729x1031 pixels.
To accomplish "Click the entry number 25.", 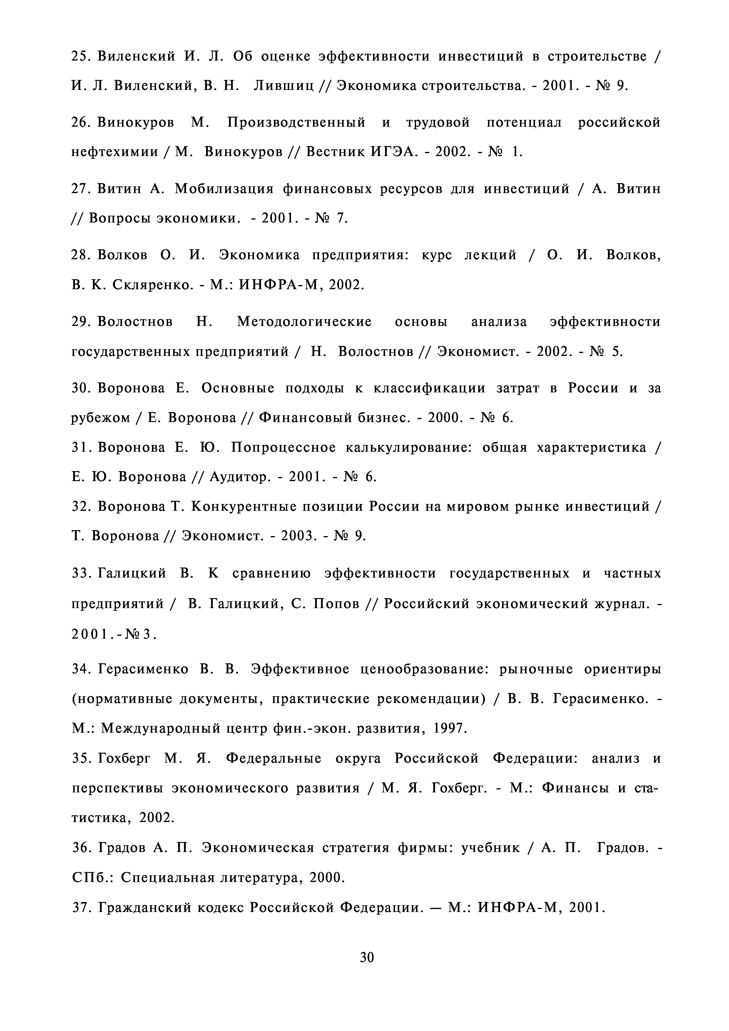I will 81,57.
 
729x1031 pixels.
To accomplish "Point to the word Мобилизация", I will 224,189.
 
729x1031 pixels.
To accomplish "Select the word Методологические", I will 304,322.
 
